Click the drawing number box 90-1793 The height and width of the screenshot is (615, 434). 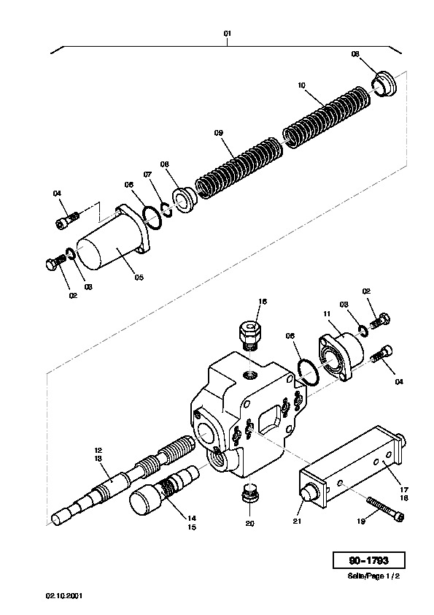click(x=368, y=560)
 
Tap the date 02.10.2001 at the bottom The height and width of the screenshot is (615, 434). click(x=64, y=596)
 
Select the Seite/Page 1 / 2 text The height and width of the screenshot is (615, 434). click(x=373, y=576)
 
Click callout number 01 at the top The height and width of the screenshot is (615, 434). click(x=227, y=34)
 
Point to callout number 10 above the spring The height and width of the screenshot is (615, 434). click(x=301, y=85)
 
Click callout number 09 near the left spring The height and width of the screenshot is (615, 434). click(x=219, y=133)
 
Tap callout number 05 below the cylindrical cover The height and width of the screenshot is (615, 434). click(x=139, y=278)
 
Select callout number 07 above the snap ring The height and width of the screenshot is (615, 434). click(x=147, y=174)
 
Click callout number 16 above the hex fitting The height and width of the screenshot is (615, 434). click(x=263, y=301)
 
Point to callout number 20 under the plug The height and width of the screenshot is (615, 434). click(x=250, y=523)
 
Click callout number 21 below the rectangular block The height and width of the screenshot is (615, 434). click(x=298, y=522)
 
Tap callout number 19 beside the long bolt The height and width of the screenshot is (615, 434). click(x=361, y=522)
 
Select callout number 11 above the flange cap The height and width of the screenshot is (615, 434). click(x=327, y=314)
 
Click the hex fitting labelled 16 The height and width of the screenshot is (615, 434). click(x=250, y=335)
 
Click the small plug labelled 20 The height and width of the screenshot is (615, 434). click(x=250, y=492)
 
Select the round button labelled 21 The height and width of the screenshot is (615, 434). click(x=309, y=491)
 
